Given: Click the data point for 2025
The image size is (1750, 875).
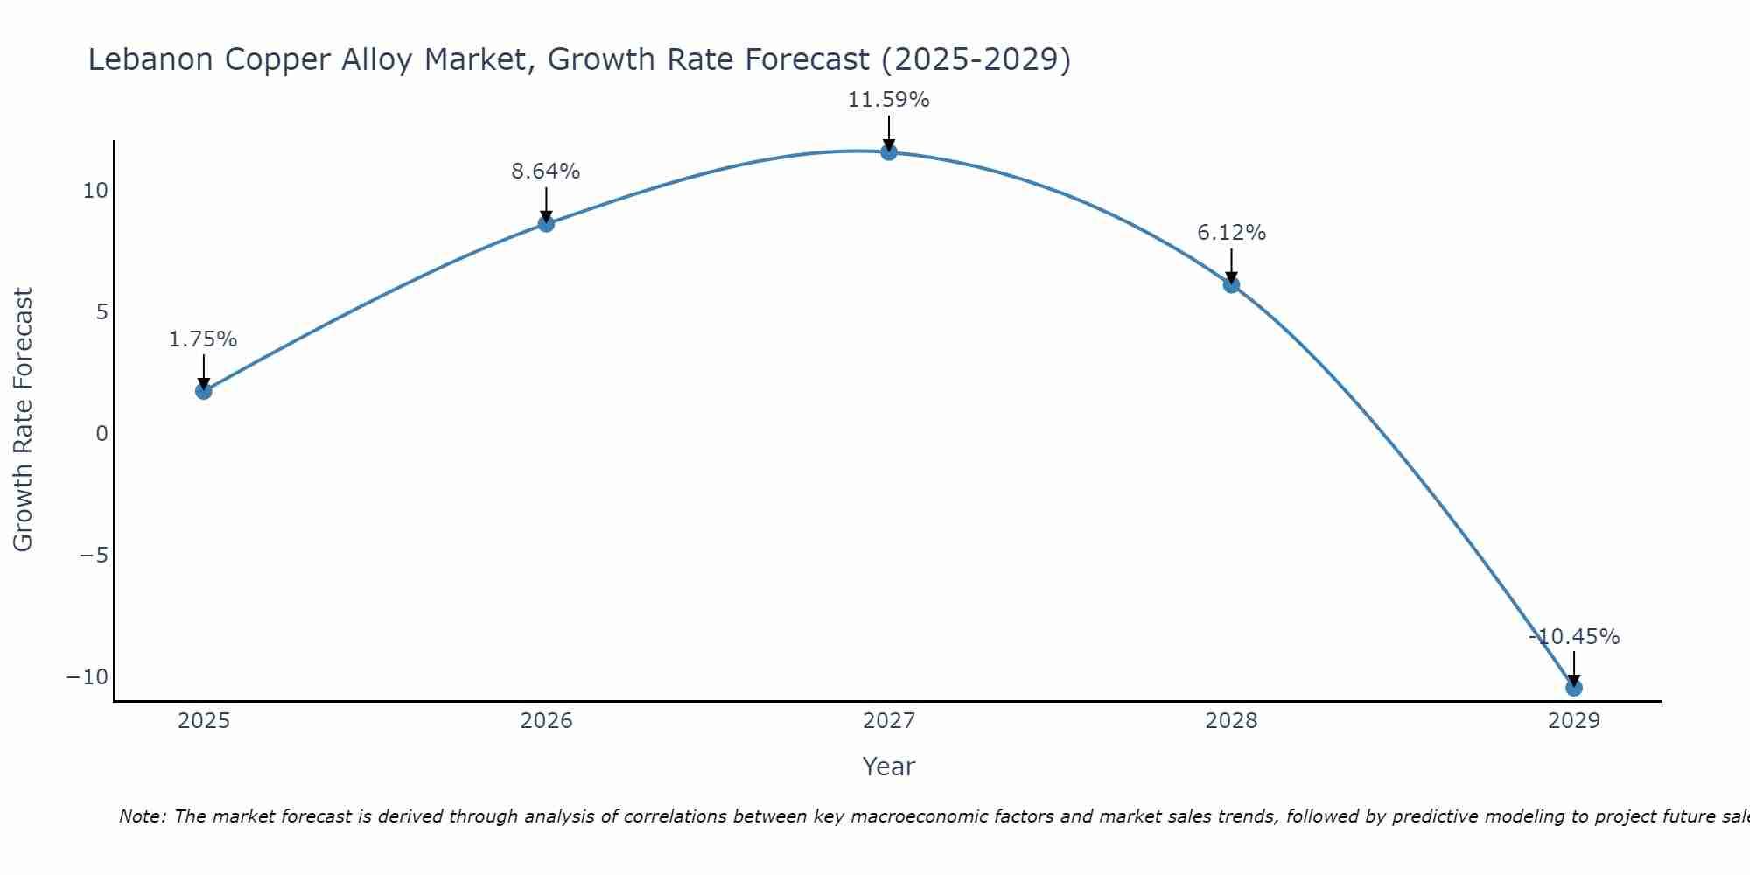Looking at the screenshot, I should [204, 391].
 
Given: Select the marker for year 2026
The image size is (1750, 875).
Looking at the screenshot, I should [546, 224].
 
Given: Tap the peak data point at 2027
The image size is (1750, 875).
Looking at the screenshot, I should [889, 152].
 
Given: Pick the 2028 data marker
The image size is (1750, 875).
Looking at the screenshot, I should [1231, 285].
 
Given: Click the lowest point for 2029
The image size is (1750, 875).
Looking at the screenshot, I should [1573, 688].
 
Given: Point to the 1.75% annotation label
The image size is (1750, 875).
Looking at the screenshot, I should [203, 339].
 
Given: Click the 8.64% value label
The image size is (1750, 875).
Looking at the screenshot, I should [546, 171].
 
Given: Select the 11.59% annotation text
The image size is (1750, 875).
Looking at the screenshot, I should [888, 100].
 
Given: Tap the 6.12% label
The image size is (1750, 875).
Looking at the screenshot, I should [1231, 233].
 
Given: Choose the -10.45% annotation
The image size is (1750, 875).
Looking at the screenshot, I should [1574, 637].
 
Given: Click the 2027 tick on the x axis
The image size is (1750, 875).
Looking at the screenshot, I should [889, 721].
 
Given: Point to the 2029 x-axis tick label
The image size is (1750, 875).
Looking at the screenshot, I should [1573, 721].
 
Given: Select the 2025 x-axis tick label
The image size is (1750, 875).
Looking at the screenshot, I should [204, 721].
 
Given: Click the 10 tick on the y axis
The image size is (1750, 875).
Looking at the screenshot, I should [95, 191].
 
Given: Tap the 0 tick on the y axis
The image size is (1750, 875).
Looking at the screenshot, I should [102, 434].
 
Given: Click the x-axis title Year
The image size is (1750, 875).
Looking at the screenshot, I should [888, 766].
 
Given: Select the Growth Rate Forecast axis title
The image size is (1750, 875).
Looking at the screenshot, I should [23, 420].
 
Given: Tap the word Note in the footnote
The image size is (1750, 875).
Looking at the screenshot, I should [140, 816].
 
